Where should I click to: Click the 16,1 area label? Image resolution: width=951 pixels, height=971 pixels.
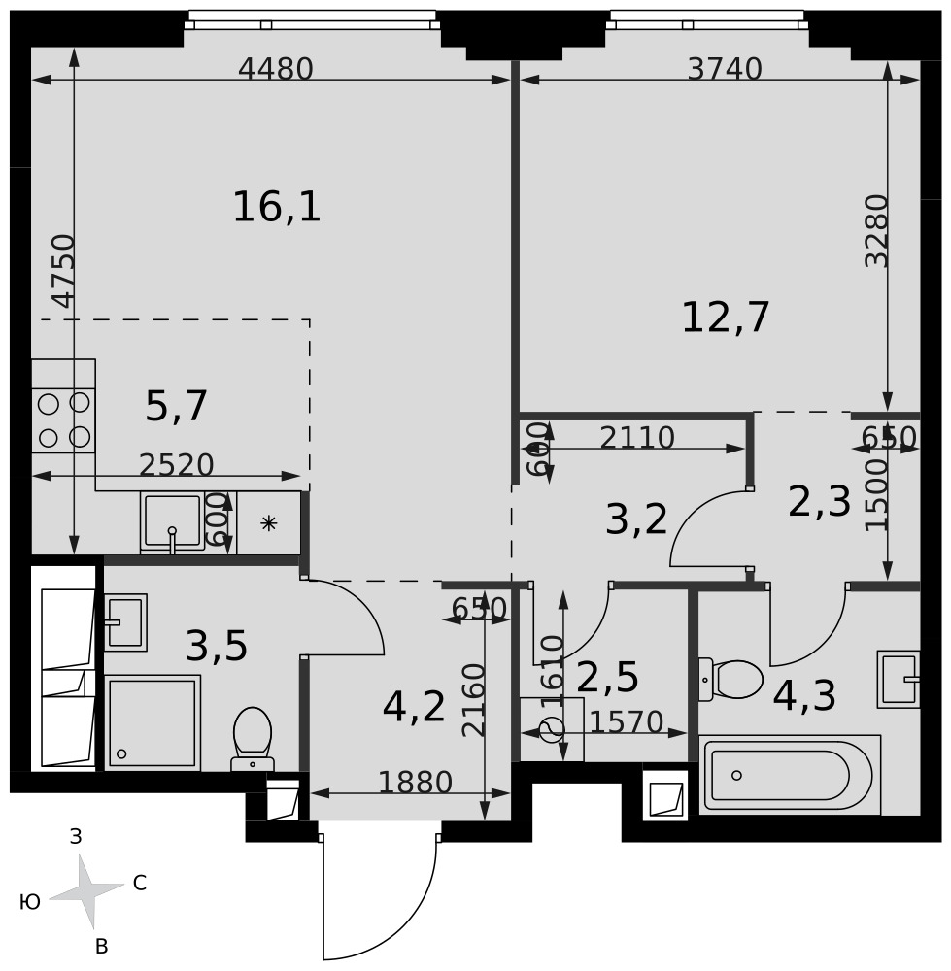coord(276,207)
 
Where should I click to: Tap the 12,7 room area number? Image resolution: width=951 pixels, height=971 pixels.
coord(725,318)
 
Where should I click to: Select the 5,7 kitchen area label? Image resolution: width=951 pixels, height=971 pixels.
coord(176,406)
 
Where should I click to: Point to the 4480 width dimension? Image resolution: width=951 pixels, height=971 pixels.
coord(276,69)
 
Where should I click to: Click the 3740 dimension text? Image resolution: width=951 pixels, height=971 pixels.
coord(725,69)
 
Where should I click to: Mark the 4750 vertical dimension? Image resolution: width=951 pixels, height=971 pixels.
coord(63,271)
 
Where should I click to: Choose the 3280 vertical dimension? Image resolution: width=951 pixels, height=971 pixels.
coord(876,231)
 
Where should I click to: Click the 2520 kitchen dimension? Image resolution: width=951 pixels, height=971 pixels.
coord(176,464)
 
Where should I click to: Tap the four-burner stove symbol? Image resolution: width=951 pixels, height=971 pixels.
coord(64,420)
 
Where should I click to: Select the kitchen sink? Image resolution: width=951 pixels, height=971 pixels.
coord(172,522)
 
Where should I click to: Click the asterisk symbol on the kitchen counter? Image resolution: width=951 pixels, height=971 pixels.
coord(268,523)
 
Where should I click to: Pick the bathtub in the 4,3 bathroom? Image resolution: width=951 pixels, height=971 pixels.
coord(790,775)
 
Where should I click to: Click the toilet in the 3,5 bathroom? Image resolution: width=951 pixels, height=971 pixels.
coord(253,739)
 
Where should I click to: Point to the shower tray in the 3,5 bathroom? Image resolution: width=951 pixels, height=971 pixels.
coord(153,722)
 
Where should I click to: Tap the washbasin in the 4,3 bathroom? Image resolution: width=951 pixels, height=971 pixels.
coord(899,680)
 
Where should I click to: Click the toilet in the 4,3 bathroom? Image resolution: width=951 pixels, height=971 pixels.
coord(730,680)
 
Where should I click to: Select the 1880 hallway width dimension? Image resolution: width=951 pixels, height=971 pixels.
coord(415,782)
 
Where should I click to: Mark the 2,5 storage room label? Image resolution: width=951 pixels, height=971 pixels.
coord(607,677)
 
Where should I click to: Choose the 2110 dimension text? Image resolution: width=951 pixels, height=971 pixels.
coord(637,438)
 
